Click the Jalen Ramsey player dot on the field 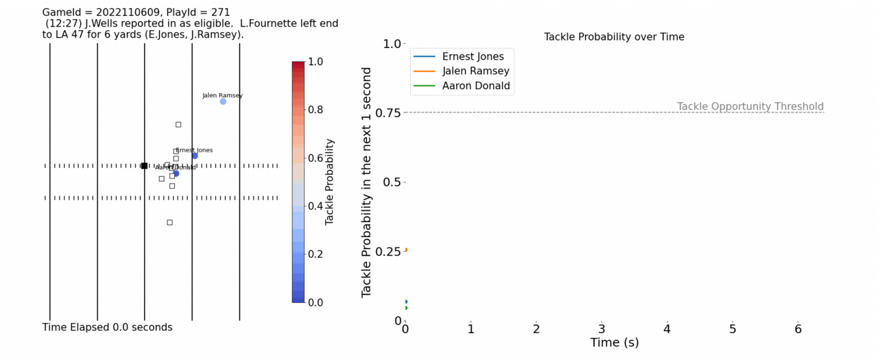pyautogui.click(x=223, y=101)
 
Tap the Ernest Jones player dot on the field pyautogui.click(x=195, y=156)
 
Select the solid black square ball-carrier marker pyautogui.click(x=144, y=165)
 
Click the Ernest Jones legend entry pyautogui.click(x=473, y=56)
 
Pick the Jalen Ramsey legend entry pyautogui.click(x=475, y=71)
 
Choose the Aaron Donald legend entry pyautogui.click(x=476, y=86)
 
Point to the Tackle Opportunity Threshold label pyautogui.click(x=750, y=106)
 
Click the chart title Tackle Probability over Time pyautogui.click(x=614, y=37)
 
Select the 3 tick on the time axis pyautogui.click(x=602, y=329)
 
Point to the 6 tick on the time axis pyautogui.click(x=798, y=329)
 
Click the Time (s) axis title pyautogui.click(x=614, y=343)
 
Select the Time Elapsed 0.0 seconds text pyautogui.click(x=107, y=328)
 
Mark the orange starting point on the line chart pyautogui.click(x=406, y=250)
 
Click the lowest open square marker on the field pyautogui.click(x=169, y=222)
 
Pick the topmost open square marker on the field pyautogui.click(x=178, y=124)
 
